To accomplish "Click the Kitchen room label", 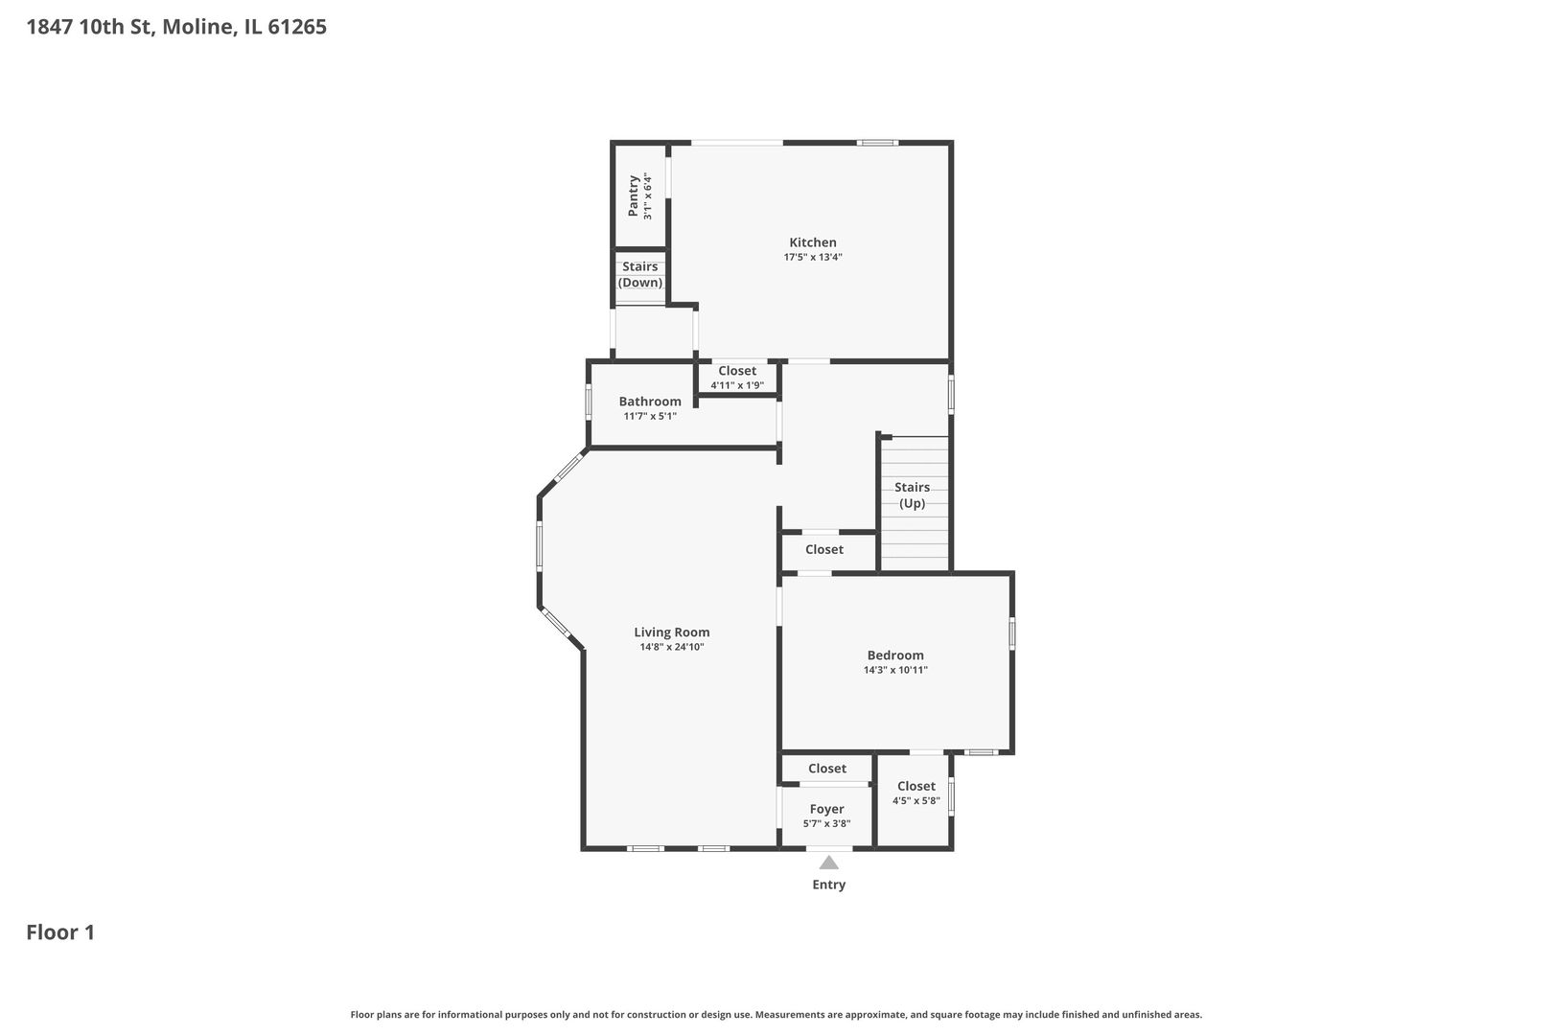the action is click(x=813, y=242).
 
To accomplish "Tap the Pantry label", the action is click(x=633, y=196).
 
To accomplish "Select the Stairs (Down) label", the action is click(x=640, y=274).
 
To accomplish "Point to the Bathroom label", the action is click(x=650, y=402).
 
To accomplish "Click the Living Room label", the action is click(x=672, y=632).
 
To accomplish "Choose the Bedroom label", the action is click(x=895, y=655).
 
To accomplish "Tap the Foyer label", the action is click(x=826, y=809).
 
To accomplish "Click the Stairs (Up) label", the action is click(x=912, y=494).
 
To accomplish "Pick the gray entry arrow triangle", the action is click(x=828, y=862).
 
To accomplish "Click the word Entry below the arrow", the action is click(x=828, y=885).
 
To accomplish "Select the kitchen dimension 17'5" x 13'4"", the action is click(x=813, y=257).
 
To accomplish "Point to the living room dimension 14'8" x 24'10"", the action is click(x=672, y=648).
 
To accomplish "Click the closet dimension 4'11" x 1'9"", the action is click(x=737, y=385).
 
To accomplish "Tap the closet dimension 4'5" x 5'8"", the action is click(x=916, y=800).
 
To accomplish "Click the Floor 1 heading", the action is click(x=60, y=932).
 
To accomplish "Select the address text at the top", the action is click(x=176, y=27).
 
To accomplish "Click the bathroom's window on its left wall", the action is click(x=589, y=402).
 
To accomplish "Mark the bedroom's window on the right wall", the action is click(x=1011, y=633).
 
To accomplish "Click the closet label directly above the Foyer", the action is click(x=826, y=769).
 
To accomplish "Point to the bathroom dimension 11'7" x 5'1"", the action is click(x=650, y=417).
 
